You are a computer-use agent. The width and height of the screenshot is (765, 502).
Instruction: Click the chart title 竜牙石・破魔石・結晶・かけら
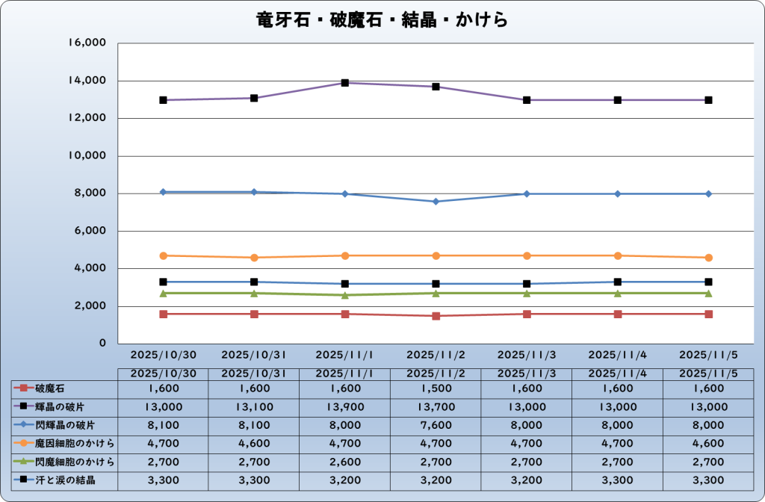click(382, 19)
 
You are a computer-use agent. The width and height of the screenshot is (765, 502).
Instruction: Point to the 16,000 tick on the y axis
click(87, 43)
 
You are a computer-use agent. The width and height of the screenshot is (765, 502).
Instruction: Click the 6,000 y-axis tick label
click(90, 232)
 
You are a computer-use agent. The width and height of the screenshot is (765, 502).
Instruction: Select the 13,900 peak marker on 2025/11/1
click(345, 83)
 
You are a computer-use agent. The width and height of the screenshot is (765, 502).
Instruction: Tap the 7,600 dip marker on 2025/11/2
click(436, 202)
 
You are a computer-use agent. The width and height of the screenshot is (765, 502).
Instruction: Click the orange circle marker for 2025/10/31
click(254, 258)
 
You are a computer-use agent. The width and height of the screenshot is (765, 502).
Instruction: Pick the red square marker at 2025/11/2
click(436, 316)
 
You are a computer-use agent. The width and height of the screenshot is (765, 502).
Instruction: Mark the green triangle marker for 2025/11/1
click(345, 295)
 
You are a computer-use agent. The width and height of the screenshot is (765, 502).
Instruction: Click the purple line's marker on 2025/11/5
click(708, 100)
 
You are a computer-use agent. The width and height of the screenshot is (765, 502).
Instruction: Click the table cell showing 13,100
click(254, 406)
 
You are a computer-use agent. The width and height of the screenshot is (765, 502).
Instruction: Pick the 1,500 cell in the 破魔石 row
click(436, 388)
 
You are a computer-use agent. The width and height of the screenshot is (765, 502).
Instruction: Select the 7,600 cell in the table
click(436, 425)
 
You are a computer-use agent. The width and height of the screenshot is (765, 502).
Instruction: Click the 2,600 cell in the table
click(345, 462)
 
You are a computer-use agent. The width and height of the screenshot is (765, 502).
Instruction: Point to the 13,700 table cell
click(436, 406)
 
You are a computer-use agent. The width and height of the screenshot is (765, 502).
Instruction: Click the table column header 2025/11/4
click(618, 373)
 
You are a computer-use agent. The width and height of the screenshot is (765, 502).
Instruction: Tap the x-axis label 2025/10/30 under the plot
click(163, 353)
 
